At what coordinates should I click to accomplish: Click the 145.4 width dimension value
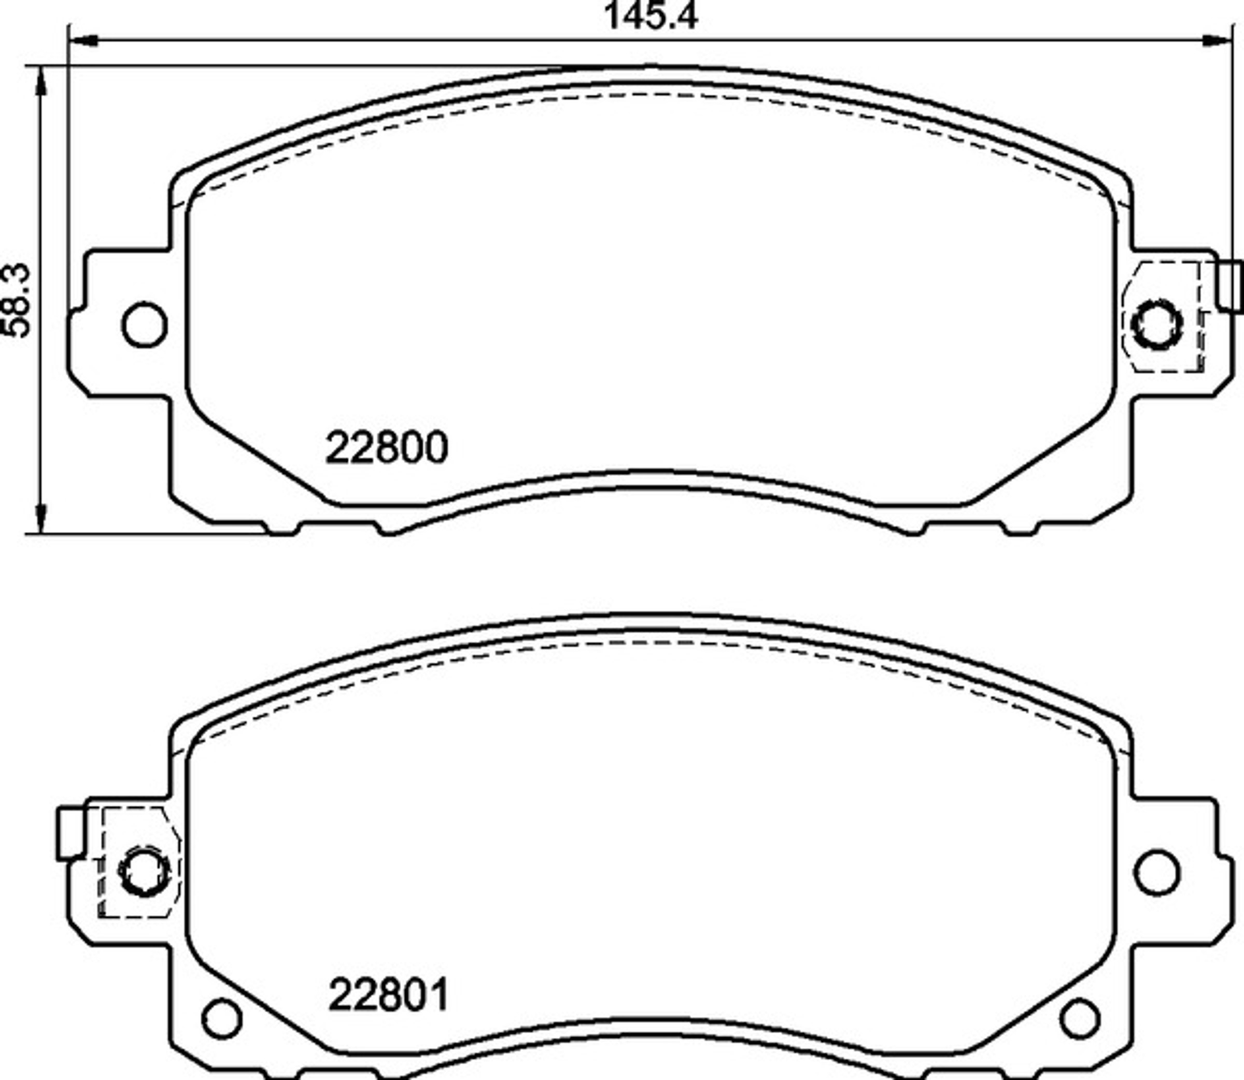tap(651, 16)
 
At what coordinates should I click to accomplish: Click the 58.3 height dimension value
tap(16, 300)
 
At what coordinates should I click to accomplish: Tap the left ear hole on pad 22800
tap(144, 324)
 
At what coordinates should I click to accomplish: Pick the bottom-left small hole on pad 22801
tap(222, 1018)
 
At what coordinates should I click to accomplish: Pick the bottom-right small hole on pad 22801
tap(1080, 1018)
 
